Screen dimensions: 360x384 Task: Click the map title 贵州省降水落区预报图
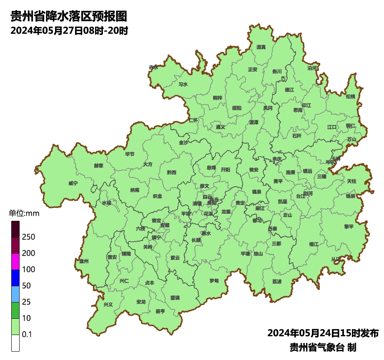tap(68, 17)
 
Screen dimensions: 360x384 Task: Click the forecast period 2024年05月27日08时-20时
tap(69, 31)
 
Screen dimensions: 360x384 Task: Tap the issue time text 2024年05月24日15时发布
tap(323, 333)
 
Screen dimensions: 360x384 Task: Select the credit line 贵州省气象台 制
tap(323, 347)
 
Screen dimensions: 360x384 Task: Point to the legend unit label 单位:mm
tap(24, 214)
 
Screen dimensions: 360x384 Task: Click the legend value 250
tap(29, 237)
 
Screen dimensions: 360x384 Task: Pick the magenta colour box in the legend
tap(15, 262)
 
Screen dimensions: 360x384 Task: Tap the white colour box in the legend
tap(15, 343)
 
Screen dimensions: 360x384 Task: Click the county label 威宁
tap(73, 183)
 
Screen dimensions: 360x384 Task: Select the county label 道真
tap(261, 47)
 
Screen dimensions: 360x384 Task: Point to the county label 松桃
tap(351, 97)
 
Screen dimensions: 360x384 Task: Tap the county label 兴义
tap(108, 305)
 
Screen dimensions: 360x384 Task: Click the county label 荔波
tap(277, 282)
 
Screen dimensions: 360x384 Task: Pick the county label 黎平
tap(349, 227)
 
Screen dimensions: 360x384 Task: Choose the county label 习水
tap(183, 84)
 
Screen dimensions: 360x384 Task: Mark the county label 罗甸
tap(214, 280)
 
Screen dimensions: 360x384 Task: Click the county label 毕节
tap(130, 154)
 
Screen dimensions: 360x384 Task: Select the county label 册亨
tap(160, 311)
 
